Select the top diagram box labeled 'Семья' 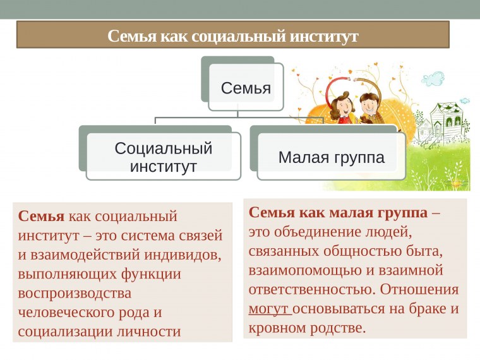246,88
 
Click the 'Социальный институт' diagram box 163,157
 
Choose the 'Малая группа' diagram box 331,157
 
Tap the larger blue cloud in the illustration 433,79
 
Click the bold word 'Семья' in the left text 41,217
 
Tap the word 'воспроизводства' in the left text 75,293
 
